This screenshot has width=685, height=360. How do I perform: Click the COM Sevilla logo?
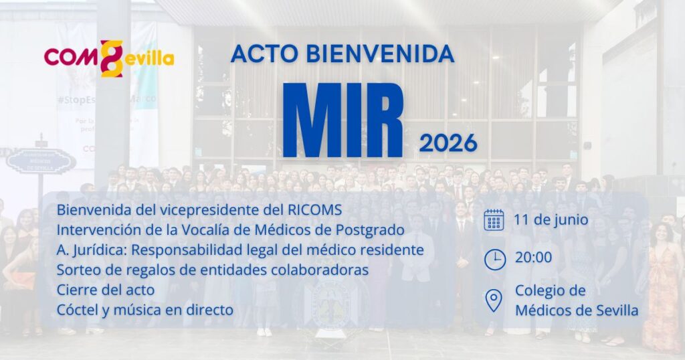pyautogui.click(x=109, y=58)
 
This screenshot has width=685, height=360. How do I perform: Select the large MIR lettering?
pyautogui.click(x=342, y=120)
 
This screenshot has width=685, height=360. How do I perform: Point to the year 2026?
pyautogui.click(x=448, y=143)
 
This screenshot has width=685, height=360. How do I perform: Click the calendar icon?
pyautogui.click(x=494, y=219)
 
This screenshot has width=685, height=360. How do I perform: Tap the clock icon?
pyautogui.click(x=495, y=260)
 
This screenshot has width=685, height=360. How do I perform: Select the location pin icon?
pyautogui.click(x=494, y=300)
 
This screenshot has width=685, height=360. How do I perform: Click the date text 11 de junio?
pyautogui.click(x=551, y=219)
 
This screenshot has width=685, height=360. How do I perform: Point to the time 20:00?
pyautogui.click(x=533, y=258)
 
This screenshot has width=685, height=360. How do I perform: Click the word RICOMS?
pyautogui.click(x=314, y=210)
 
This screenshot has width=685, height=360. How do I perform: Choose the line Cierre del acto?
pyautogui.click(x=106, y=290)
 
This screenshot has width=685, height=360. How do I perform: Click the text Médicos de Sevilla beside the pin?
pyautogui.click(x=577, y=310)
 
